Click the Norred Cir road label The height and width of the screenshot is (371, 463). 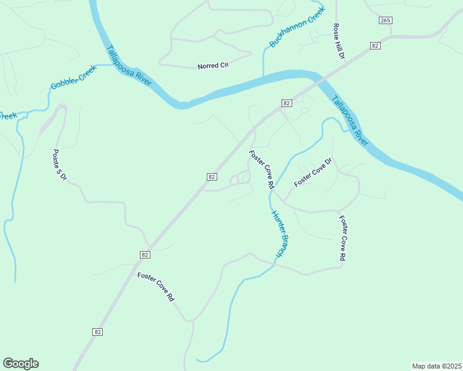point(213,66)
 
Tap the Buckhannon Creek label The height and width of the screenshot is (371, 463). point(297,28)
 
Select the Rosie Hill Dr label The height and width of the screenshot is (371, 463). point(338,41)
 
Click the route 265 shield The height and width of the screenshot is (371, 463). point(385,20)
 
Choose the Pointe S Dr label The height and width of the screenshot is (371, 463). point(59,165)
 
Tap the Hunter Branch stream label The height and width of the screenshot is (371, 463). point(280,234)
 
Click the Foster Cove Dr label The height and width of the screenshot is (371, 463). point(313,173)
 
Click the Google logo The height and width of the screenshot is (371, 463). point(20,364)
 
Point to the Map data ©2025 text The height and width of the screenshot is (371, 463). point(436,365)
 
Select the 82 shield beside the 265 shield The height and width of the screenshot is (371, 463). point(375,46)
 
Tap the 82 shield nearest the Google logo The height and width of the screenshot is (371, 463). point(98,332)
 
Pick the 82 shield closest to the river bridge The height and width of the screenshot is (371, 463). point(285,103)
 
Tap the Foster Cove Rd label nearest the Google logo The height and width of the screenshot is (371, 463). point(156,287)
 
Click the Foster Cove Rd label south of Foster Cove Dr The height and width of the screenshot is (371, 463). point(342,237)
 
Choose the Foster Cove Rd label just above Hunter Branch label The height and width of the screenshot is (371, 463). point(262,169)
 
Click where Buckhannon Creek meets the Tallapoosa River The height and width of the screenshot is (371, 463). point(264,75)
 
